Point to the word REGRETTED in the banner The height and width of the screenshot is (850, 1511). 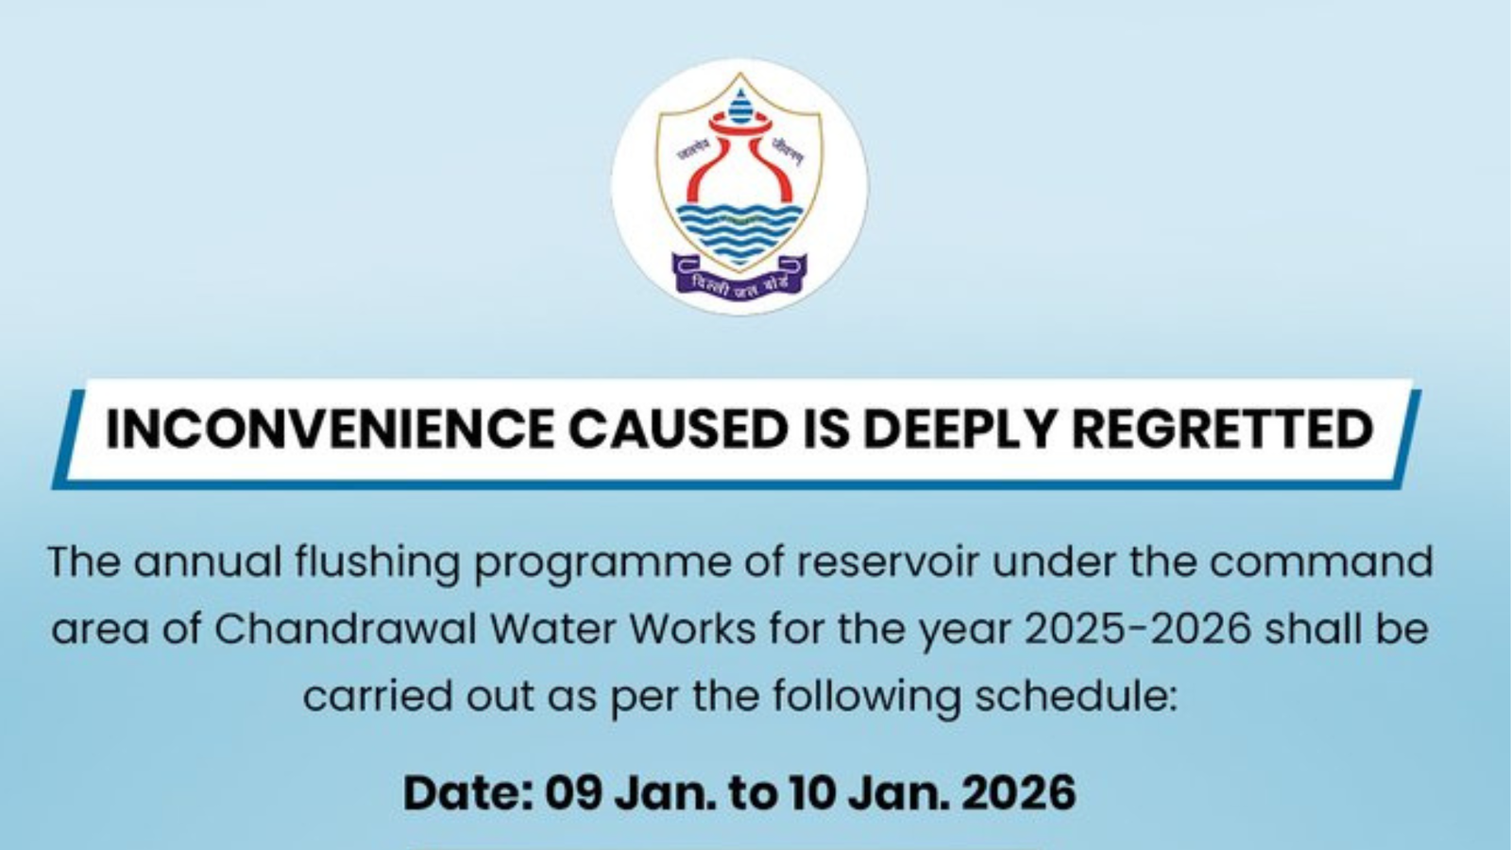pyautogui.click(x=1222, y=429)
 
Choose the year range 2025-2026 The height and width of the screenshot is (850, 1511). pyautogui.click(x=1138, y=629)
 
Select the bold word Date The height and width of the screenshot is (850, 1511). pyautogui.click(x=467, y=791)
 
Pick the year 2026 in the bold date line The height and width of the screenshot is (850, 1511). pyautogui.click(x=1018, y=791)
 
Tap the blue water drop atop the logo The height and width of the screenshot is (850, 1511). pyautogui.click(x=740, y=100)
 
